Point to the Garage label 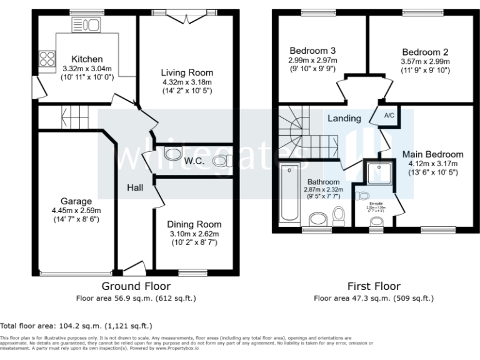pyautogui.click(x=76, y=201)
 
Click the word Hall pyautogui.click(x=136, y=187)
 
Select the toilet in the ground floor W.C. pyautogui.click(x=221, y=161)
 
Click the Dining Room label pyautogui.click(x=194, y=224)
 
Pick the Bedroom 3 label pyautogui.click(x=312, y=51)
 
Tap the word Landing pyautogui.click(x=344, y=118)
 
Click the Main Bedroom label pyautogui.click(x=432, y=154)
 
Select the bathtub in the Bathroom pyautogui.click(x=291, y=192)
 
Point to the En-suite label pyautogui.click(x=376, y=203)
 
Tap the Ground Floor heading pyautogui.click(x=135, y=287)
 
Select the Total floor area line pyautogui.click(x=76, y=326)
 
